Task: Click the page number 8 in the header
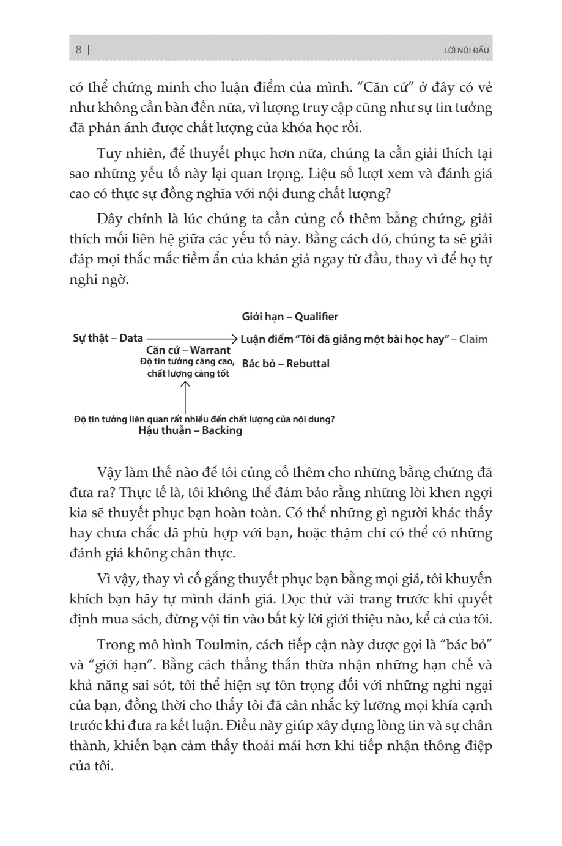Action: click(79, 50)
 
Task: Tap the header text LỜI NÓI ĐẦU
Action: click(467, 50)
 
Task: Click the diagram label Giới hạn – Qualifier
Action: click(289, 317)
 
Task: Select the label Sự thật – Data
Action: click(108, 338)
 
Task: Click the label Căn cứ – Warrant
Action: click(188, 350)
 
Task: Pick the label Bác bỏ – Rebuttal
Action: click(286, 364)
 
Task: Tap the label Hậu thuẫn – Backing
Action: click(190, 430)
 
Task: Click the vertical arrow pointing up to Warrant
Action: click(185, 398)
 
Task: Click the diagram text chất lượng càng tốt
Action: click(188, 373)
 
